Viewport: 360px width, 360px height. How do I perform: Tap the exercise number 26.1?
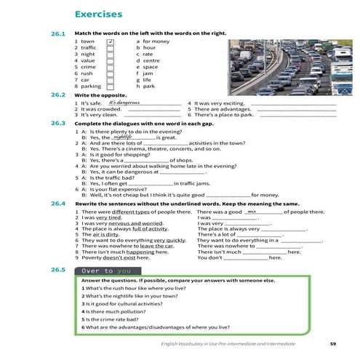click(x=58, y=34)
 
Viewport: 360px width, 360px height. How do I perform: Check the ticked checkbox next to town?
click(x=110, y=42)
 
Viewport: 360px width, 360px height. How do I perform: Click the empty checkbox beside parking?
click(x=110, y=87)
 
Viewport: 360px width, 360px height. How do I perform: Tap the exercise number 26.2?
click(x=58, y=95)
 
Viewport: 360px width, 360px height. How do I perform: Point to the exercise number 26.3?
click(x=58, y=123)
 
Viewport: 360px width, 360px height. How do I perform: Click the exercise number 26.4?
click(x=58, y=204)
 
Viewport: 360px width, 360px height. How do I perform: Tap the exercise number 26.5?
click(x=58, y=270)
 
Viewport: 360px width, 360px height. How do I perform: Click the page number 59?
click(x=332, y=343)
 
